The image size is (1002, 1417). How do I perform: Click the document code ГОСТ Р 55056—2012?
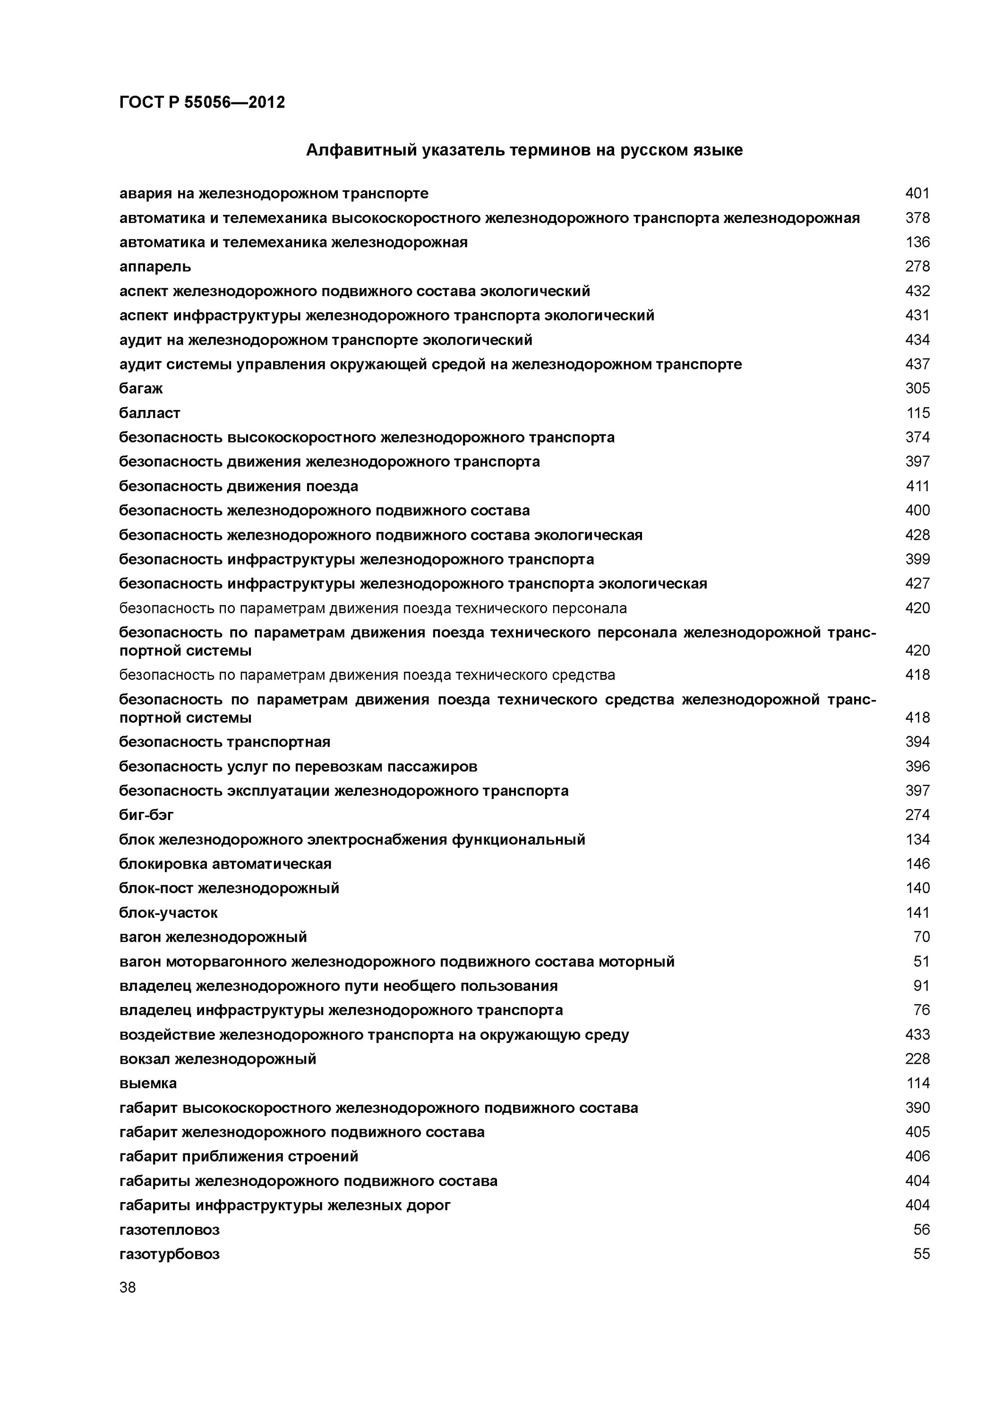(202, 102)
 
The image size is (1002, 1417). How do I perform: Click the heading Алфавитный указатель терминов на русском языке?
(524, 150)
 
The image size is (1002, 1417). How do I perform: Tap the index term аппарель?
(155, 266)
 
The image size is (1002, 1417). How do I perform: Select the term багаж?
(141, 388)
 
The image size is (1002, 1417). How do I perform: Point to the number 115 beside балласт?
(917, 413)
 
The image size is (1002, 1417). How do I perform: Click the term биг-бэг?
(146, 815)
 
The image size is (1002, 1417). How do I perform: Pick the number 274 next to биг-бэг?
(917, 815)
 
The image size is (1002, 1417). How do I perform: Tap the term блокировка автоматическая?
(225, 863)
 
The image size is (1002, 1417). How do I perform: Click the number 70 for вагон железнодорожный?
(921, 937)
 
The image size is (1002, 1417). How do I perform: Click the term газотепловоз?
(169, 1229)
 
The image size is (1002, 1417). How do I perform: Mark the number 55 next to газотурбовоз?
(921, 1254)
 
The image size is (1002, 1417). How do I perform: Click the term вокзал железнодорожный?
(217, 1059)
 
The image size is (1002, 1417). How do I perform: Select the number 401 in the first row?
(917, 193)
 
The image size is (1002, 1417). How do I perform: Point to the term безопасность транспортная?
(225, 742)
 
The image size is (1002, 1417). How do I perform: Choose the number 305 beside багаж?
(917, 388)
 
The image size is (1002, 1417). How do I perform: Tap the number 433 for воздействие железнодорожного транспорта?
(917, 1034)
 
